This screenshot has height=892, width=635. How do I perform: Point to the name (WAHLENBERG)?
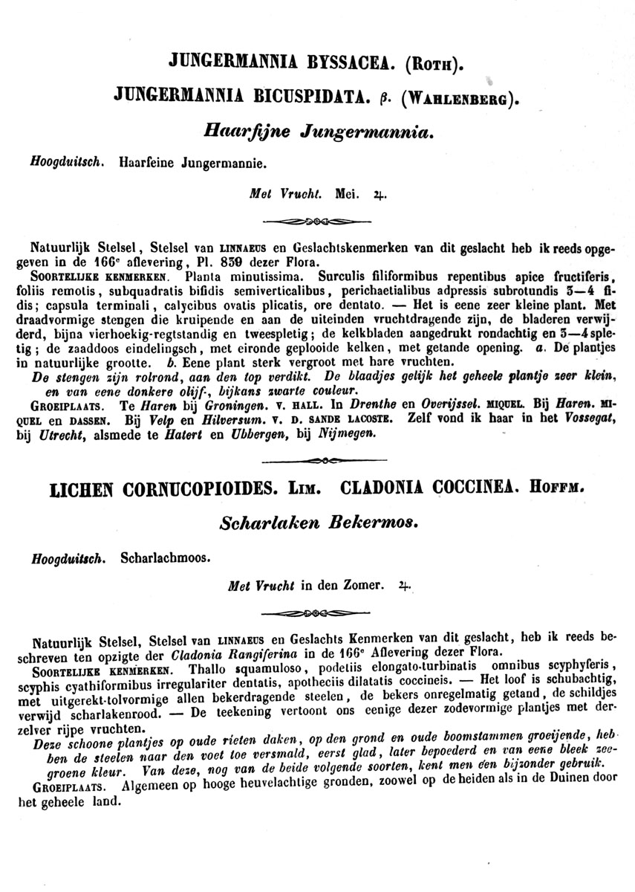click(x=457, y=97)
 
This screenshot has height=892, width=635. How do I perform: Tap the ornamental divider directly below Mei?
click(x=318, y=221)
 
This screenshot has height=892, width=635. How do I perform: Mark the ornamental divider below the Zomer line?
click(x=318, y=614)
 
